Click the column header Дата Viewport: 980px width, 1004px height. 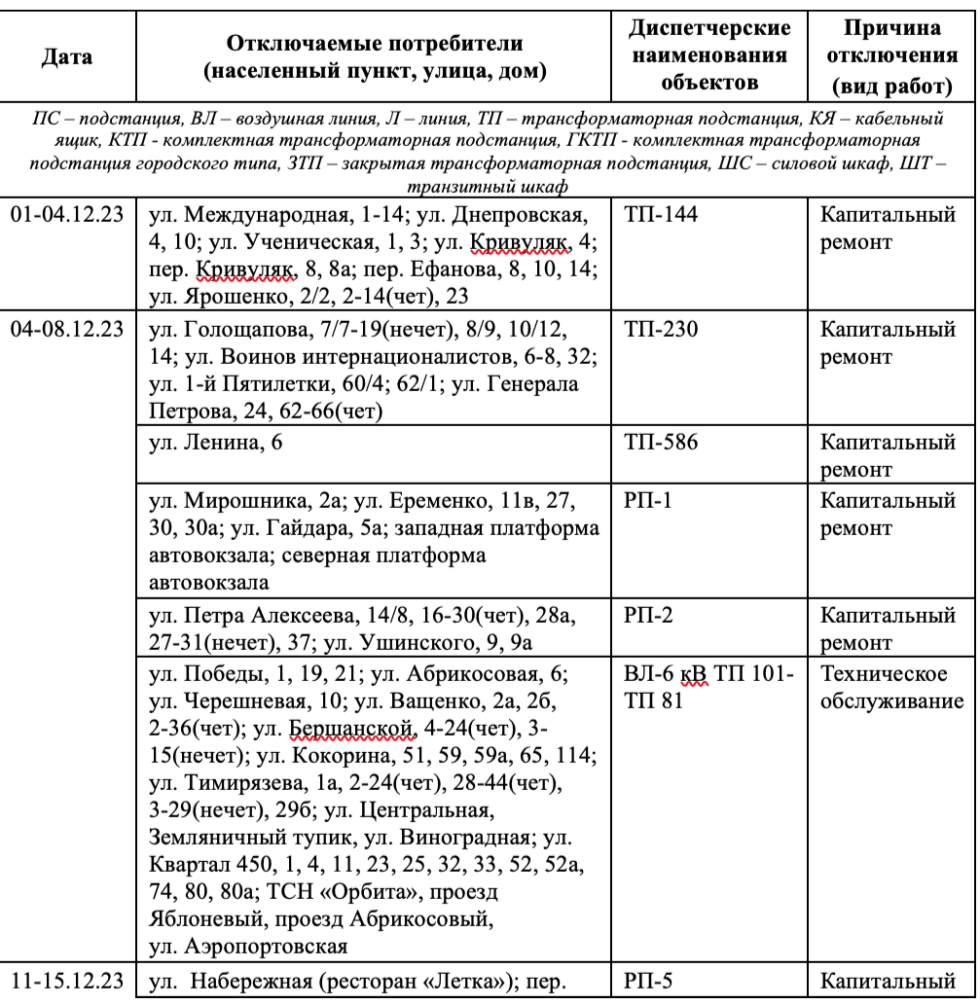(x=67, y=57)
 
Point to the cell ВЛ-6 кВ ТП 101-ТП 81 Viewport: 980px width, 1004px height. (x=708, y=687)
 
